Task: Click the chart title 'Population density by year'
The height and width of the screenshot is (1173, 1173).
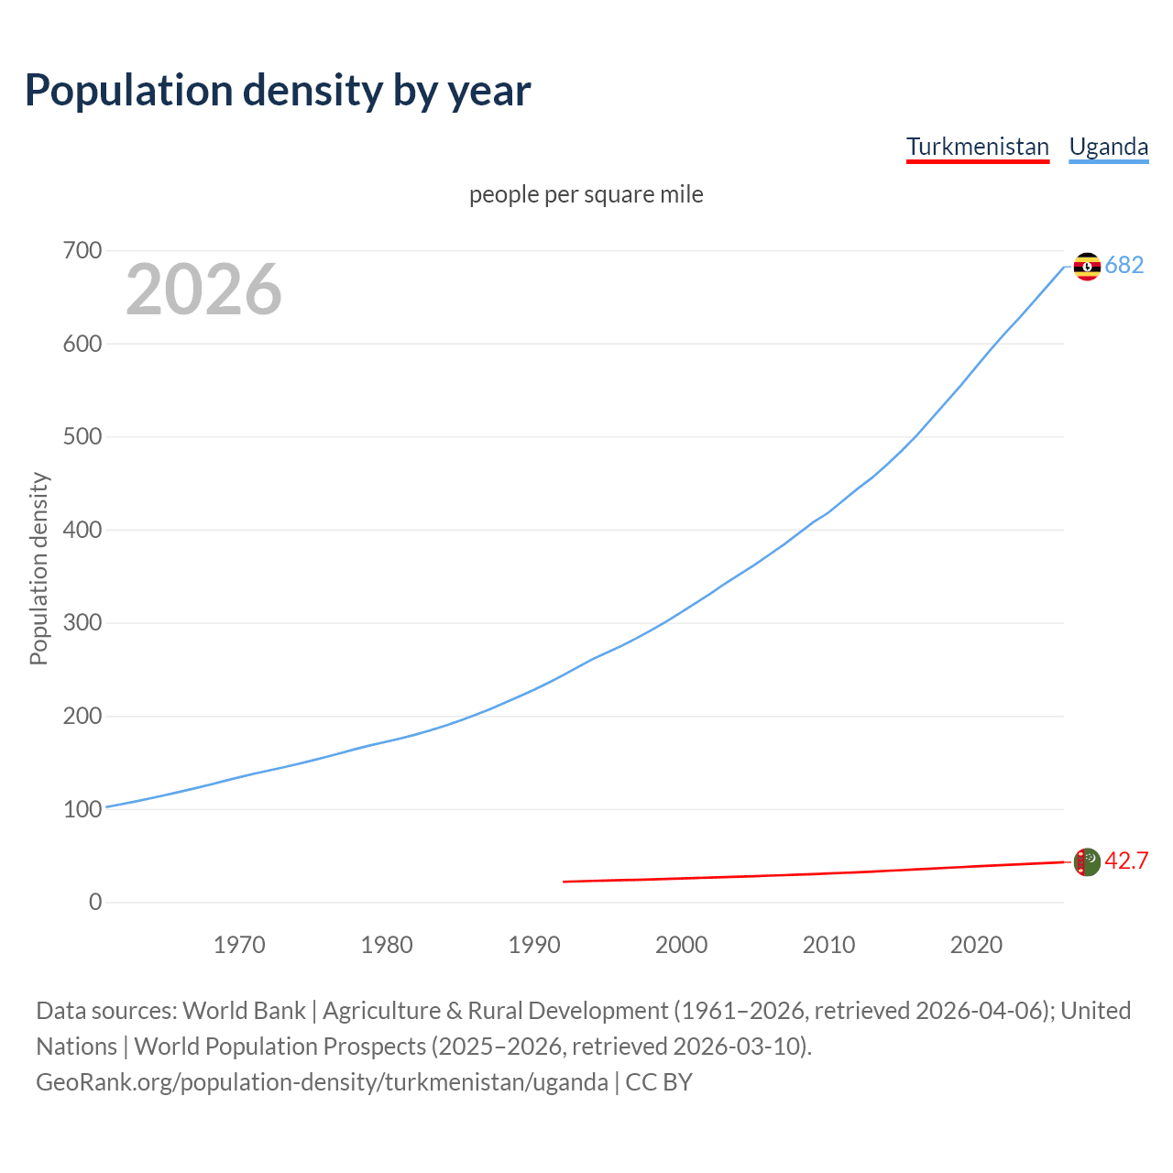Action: (x=278, y=91)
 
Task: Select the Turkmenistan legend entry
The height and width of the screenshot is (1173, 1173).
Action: (x=977, y=147)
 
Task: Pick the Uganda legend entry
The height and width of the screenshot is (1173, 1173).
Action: (x=1108, y=147)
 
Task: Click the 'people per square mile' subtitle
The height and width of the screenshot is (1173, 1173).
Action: (x=586, y=195)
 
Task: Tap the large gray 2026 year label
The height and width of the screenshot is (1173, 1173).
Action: (x=203, y=290)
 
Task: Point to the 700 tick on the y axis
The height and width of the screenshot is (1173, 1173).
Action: (x=82, y=250)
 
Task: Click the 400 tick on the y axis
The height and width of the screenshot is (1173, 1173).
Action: (x=82, y=530)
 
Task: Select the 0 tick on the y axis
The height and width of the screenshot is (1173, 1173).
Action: (x=95, y=902)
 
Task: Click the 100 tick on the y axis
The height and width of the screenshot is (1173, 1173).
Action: (x=82, y=809)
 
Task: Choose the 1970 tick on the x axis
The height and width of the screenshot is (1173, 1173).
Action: (x=239, y=945)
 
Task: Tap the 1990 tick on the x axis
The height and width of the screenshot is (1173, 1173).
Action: (x=534, y=945)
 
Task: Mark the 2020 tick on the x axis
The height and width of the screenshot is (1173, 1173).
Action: (x=976, y=945)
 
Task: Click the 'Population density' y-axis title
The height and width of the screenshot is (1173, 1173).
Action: (x=38, y=568)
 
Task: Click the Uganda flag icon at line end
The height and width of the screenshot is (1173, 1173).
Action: (x=1086, y=266)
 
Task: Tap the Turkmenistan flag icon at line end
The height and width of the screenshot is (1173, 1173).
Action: (x=1086, y=861)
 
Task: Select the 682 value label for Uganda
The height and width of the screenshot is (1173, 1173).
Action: (x=1124, y=266)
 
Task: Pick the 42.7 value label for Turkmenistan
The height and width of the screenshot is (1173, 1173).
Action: (x=1126, y=861)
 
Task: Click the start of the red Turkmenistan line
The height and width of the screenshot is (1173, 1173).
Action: (x=565, y=882)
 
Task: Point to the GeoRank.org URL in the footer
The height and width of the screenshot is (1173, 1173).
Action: (x=322, y=1082)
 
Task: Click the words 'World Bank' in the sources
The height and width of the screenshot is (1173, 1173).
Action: (x=244, y=1011)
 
